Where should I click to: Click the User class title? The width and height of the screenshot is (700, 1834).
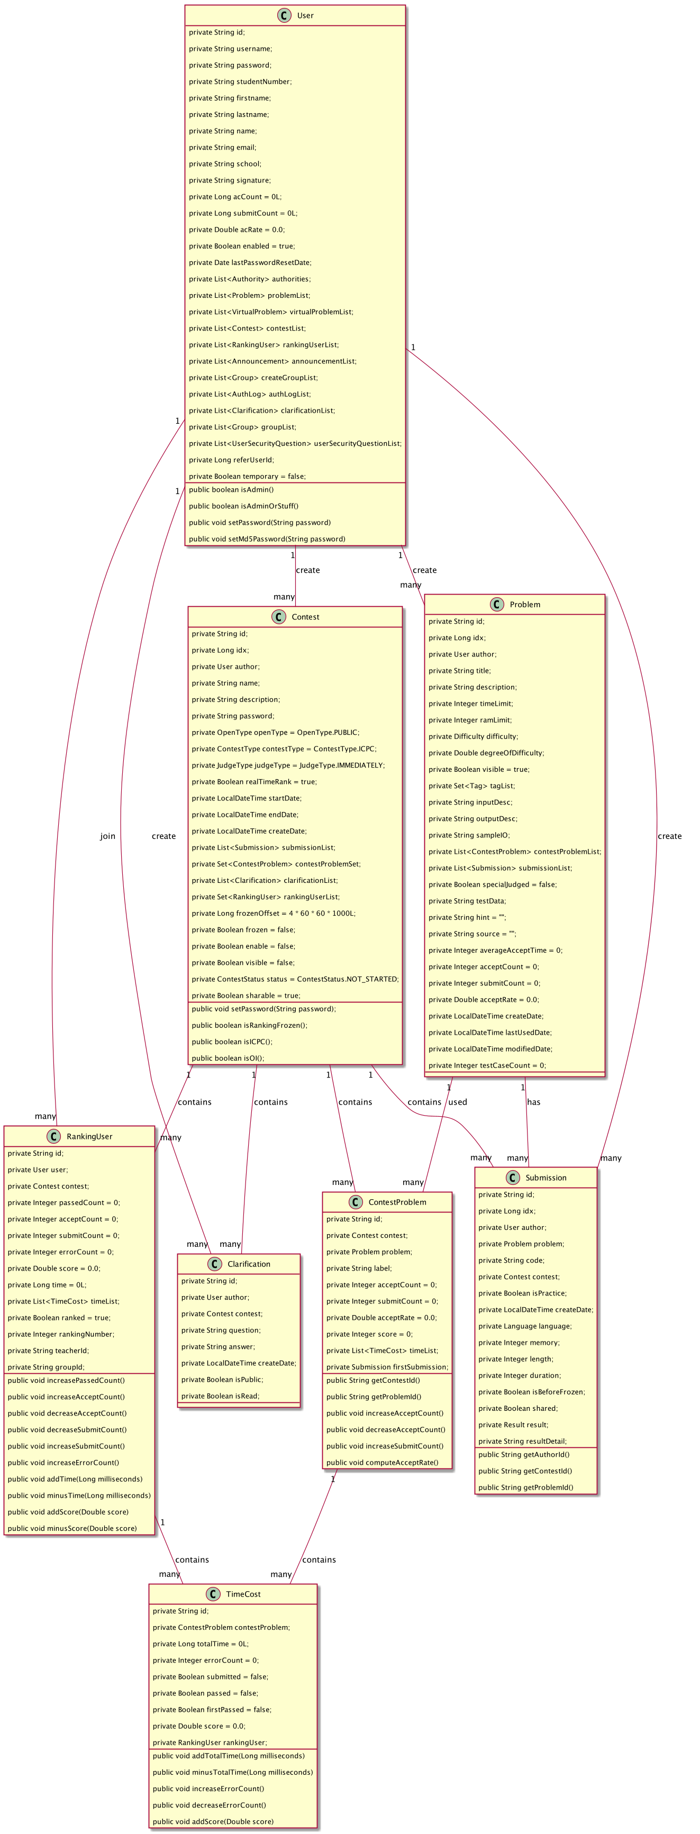[x=305, y=15]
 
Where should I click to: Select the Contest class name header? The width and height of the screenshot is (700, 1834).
[x=305, y=617]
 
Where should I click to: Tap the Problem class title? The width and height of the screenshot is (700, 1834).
[x=525, y=605]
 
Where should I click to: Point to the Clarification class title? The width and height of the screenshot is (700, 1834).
[x=249, y=1264]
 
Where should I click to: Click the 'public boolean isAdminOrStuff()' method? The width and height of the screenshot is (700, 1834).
[x=243, y=506]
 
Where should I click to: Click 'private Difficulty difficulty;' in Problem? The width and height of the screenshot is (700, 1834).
[x=473, y=737]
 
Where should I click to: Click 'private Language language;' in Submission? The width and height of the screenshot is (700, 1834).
[x=525, y=1326]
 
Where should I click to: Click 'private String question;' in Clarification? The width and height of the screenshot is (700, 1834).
[x=221, y=1330]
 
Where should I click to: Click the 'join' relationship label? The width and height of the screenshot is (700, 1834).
[x=107, y=836]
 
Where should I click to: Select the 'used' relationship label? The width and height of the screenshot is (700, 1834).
[x=458, y=1102]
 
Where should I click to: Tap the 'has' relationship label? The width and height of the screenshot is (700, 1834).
[x=533, y=1102]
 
